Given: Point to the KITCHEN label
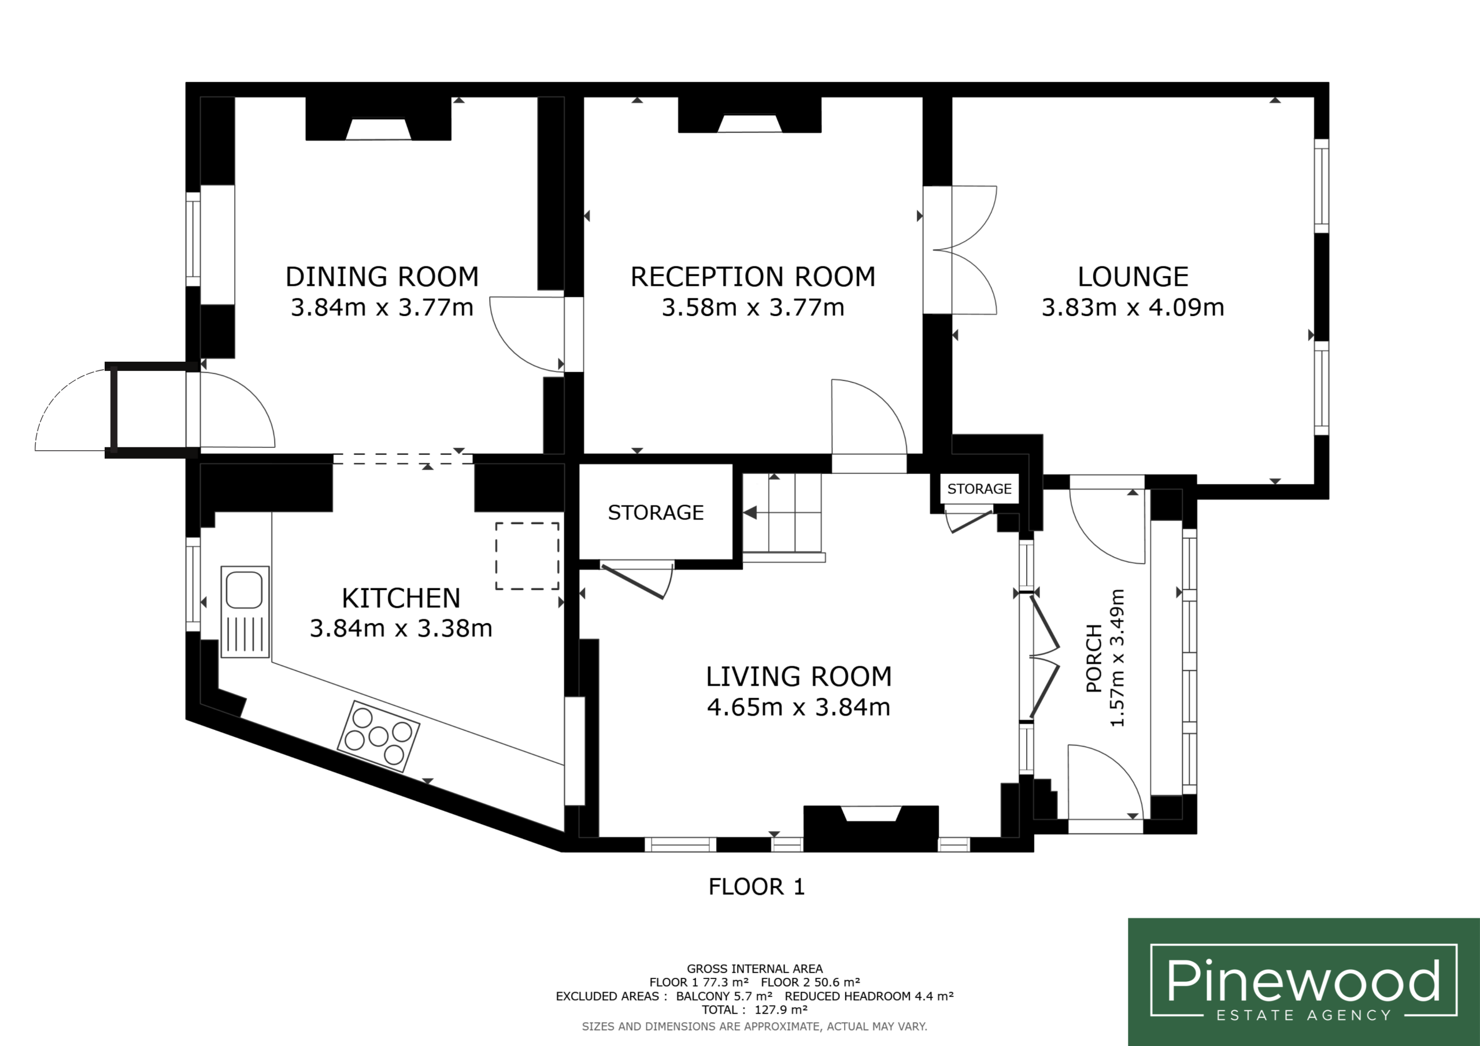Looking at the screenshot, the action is (x=401, y=598).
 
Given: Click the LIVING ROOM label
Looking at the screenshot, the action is (x=798, y=677).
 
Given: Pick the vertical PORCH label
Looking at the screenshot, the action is (x=1094, y=658).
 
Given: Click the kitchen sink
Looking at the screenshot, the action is (x=245, y=611).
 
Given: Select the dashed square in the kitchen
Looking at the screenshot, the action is (x=527, y=555).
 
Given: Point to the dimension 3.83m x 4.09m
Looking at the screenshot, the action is (x=1133, y=307).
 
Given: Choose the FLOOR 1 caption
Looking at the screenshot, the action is (x=757, y=887).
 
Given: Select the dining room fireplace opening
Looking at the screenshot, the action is (x=378, y=129).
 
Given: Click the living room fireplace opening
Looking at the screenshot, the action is (x=871, y=813).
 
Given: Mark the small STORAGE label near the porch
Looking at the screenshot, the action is (x=979, y=488).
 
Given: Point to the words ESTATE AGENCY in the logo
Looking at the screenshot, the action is (x=1303, y=1015).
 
